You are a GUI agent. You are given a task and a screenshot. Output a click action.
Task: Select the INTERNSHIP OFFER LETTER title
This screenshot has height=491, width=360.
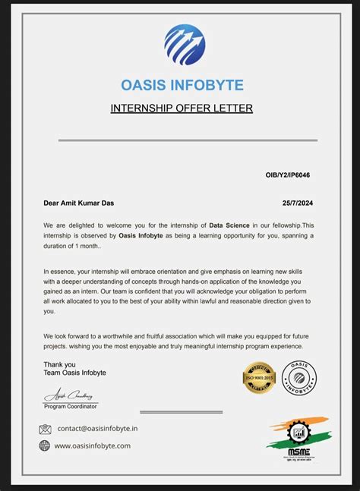(182, 108)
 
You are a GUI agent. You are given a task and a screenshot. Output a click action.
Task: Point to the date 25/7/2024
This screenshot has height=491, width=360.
(298, 203)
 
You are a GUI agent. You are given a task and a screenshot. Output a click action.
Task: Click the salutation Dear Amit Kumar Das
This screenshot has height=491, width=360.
(79, 203)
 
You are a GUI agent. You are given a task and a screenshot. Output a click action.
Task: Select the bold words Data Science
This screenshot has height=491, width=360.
(229, 225)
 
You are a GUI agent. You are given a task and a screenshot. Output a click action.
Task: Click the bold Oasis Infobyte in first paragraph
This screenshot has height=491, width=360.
(143, 236)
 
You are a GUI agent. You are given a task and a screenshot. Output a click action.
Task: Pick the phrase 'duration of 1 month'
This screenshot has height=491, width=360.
(75, 247)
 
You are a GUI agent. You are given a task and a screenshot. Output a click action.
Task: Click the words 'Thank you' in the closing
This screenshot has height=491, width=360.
(59, 364)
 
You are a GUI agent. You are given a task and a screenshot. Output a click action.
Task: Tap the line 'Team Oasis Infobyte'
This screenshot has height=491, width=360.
(74, 373)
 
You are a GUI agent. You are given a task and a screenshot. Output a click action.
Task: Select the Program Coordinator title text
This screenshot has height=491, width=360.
(71, 406)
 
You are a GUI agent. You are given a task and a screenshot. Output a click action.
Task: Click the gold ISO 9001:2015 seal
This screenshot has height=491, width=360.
(258, 377)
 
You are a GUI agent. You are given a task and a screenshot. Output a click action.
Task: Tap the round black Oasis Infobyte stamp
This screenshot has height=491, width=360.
(299, 377)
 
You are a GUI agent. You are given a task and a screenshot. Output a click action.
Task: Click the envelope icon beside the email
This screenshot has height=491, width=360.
(45, 429)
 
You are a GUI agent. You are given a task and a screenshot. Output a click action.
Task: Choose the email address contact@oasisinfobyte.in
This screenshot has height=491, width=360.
(97, 429)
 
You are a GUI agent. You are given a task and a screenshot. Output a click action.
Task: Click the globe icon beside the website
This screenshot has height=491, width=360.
(45, 446)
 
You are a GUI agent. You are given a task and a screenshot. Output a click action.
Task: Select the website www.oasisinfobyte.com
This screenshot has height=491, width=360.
(93, 446)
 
